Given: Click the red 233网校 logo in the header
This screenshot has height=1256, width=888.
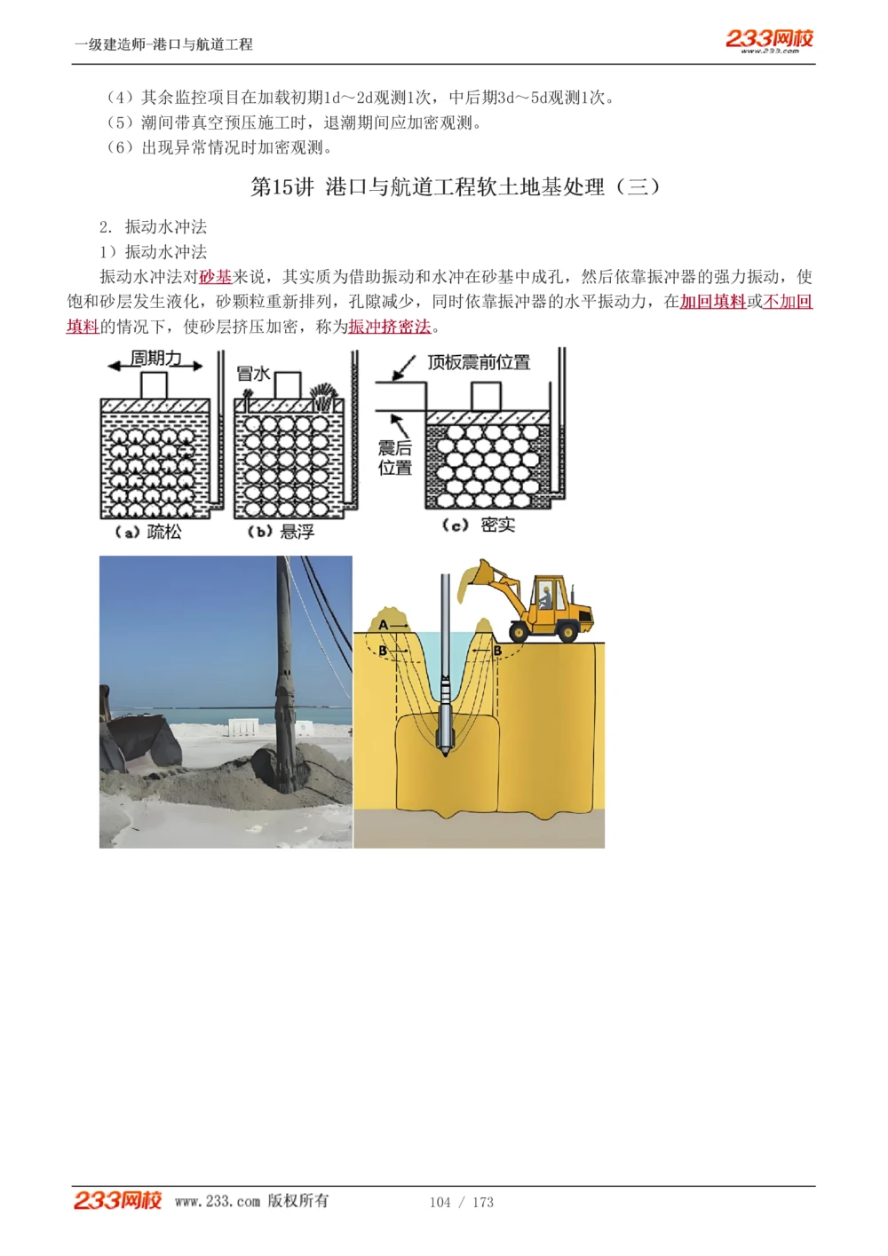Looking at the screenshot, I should (769, 39).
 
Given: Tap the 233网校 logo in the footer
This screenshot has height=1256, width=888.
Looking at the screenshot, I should (117, 1200).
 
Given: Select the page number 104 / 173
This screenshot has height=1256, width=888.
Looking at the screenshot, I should (461, 1202).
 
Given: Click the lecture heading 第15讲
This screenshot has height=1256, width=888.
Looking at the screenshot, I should (282, 187).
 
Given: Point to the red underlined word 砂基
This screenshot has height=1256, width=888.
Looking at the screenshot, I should (215, 277).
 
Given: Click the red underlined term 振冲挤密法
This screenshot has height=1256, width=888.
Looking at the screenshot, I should (389, 327).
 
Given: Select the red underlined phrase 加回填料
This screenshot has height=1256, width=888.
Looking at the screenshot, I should (712, 302).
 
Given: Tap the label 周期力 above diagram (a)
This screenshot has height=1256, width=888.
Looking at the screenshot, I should (155, 358).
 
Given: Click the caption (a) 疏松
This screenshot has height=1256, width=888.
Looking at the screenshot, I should (148, 532).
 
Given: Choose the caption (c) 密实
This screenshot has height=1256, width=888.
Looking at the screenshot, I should (479, 525).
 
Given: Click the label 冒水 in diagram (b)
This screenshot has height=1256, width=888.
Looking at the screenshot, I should (253, 374).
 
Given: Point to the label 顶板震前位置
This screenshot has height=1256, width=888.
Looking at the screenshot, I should (479, 362).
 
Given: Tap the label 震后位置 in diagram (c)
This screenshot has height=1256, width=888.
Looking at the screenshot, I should (395, 458).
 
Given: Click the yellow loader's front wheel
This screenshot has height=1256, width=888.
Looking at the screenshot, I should (519, 630).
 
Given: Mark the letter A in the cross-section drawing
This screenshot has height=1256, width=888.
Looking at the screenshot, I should (384, 625).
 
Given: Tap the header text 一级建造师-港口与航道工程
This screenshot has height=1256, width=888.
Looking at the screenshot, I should (163, 44).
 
